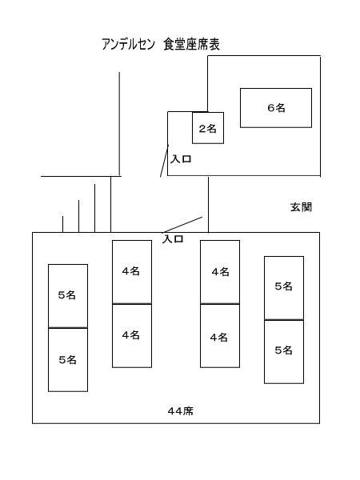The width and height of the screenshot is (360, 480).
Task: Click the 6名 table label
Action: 276,108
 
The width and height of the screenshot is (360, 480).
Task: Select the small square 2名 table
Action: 208,128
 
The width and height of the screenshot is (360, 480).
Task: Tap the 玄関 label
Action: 302,207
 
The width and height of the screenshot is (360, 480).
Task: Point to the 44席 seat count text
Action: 181,411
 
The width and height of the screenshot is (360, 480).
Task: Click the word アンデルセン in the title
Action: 128,44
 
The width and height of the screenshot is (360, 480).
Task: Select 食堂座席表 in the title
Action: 192,44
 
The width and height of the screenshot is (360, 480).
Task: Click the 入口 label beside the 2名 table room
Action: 181,159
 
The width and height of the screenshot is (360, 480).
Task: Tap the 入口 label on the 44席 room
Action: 173,238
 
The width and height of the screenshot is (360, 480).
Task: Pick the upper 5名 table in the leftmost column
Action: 68,296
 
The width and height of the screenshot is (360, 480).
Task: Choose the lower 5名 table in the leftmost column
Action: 68,360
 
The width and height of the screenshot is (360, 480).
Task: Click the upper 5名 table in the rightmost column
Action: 284,288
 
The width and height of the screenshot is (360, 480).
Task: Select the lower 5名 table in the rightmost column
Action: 284,352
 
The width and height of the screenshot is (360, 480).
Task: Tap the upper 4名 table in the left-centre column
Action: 132,272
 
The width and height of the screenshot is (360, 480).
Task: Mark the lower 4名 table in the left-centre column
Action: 132,336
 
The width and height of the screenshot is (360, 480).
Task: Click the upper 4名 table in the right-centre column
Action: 220,272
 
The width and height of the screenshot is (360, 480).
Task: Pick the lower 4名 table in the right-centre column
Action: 220,336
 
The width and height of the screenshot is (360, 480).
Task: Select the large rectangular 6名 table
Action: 276,108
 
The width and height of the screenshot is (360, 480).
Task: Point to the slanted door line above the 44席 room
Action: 182,225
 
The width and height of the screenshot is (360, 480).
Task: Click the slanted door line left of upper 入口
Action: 164,161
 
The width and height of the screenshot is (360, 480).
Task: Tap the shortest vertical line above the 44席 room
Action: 62,224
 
